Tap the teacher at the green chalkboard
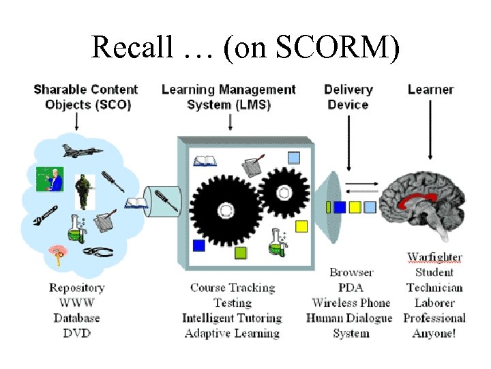tap(50, 179)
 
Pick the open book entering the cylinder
tap(136, 202)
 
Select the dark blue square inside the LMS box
tap(198, 245)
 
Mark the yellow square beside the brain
tap(355, 206)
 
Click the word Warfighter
tap(434, 258)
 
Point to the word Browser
tap(351, 273)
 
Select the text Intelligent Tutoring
tap(232, 318)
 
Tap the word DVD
tap(76, 333)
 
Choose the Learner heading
tap(430, 90)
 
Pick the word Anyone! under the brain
tap(434, 333)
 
